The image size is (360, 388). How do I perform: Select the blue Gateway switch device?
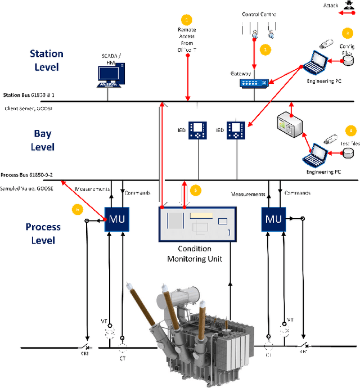(254, 83)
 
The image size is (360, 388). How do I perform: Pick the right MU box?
(273, 218)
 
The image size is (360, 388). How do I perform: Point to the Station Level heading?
(47, 60)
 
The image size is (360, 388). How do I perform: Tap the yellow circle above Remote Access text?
(187, 20)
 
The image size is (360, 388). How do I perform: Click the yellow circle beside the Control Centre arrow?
(265, 49)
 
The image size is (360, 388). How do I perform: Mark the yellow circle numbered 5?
(195, 190)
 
